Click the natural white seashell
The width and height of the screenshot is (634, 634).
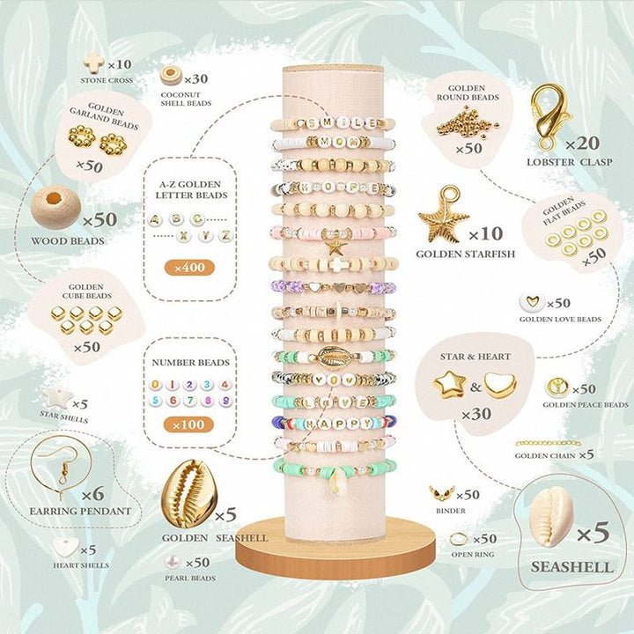click(x=552, y=516)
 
